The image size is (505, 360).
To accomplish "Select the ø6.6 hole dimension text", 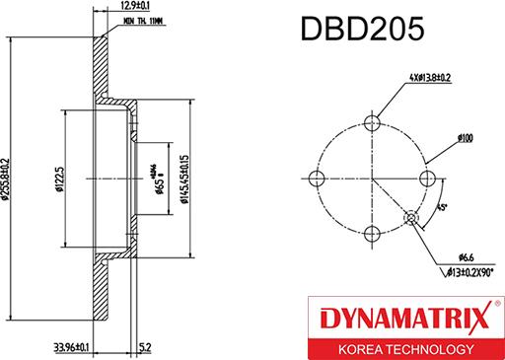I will point(453,255).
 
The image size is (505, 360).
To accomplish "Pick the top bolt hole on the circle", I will point(373,122).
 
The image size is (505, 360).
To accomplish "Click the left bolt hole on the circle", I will point(318,178).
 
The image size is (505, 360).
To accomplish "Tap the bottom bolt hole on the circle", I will point(373,233).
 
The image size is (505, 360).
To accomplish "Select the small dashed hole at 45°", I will point(412,217).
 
